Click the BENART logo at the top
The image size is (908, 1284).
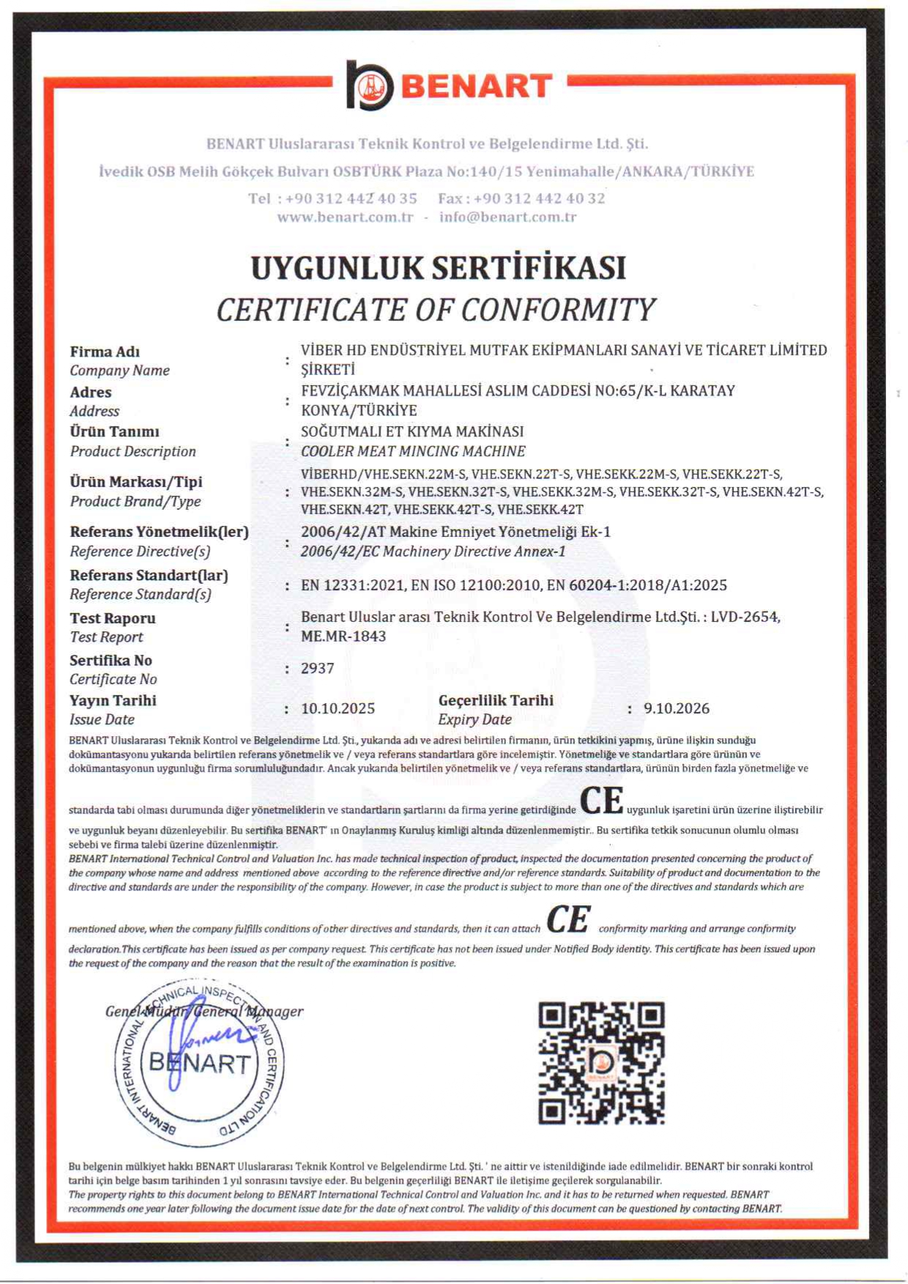coord(449,86)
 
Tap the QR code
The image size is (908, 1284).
coord(601,1063)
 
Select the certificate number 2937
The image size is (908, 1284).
coord(318,668)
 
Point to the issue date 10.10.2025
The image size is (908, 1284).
coord(338,708)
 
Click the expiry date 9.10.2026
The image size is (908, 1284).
coord(677,708)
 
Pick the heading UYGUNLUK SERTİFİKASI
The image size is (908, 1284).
coord(438,268)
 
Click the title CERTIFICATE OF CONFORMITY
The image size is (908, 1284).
coord(436,310)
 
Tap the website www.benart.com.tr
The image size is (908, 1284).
coord(345,217)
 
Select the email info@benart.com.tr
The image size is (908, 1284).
coord(507,217)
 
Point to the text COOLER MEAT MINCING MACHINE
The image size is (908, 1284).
coord(413,451)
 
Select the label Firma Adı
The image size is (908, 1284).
coord(105,352)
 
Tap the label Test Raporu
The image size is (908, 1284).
coord(113,618)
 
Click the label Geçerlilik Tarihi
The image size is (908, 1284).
coord(496,700)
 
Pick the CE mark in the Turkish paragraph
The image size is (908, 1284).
coord(601,801)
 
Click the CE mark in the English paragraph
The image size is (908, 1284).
coord(568,920)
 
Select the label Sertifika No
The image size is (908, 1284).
coord(111,660)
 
